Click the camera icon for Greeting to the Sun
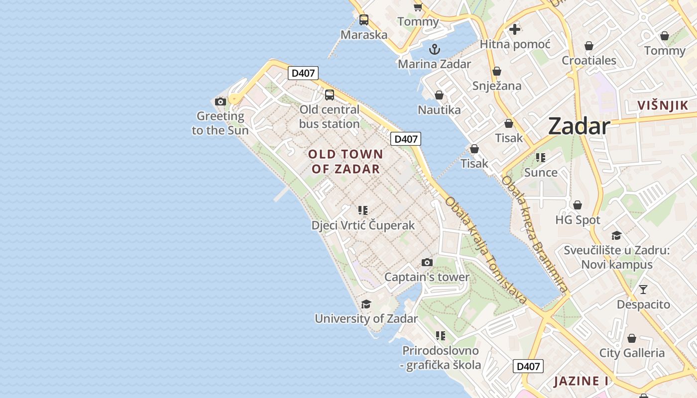pyautogui.click(x=220, y=102)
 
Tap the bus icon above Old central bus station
pyautogui.click(x=329, y=95)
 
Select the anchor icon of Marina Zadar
pyautogui.click(x=435, y=49)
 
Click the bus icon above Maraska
pyautogui.click(x=364, y=20)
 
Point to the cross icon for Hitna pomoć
pyautogui.click(x=515, y=29)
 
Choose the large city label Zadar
pyautogui.click(x=579, y=126)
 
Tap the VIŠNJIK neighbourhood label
pyautogui.click(x=663, y=105)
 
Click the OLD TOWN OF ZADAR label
pyautogui.click(x=346, y=161)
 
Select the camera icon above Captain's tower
pyautogui.click(x=427, y=262)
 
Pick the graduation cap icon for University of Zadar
pyautogui.click(x=366, y=304)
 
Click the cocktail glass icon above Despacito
pyautogui.click(x=643, y=289)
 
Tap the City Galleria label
pyautogui.click(x=632, y=353)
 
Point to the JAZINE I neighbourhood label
pyautogui.click(x=581, y=382)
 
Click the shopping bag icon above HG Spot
pyautogui.click(x=578, y=205)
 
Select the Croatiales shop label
pyautogui.click(x=589, y=61)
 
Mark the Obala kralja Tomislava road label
pyautogui.click(x=485, y=250)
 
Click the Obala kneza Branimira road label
pyautogui.click(x=534, y=234)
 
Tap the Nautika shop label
pyautogui.click(x=439, y=110)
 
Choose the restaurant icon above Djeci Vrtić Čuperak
pyautogui.click(x=363, y=210)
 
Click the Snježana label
pyautogui.click(x=497, y=86)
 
